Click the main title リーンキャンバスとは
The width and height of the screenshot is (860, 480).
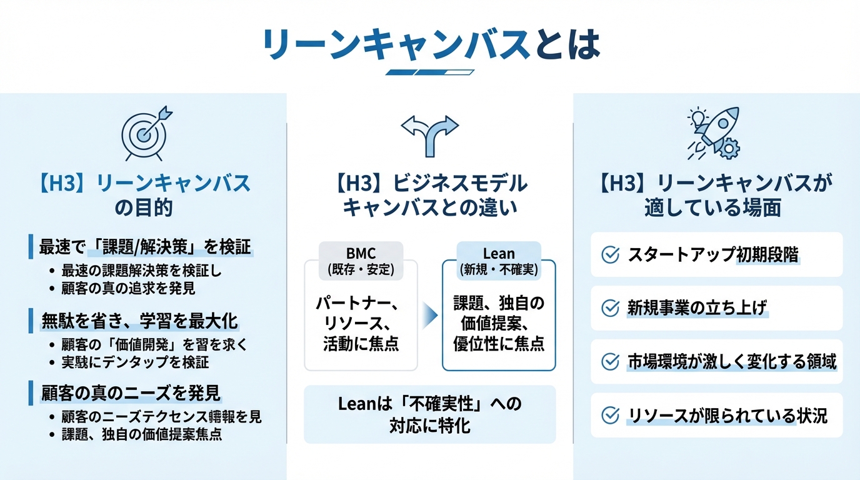[430, 44]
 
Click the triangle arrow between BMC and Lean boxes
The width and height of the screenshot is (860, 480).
[429, 315]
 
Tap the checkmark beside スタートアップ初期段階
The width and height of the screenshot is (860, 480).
[609, 254]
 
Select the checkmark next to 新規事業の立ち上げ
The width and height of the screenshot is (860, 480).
[609, 308]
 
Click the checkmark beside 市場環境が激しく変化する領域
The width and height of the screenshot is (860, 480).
[609, 362]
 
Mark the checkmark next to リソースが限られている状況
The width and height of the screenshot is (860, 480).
[609, 415]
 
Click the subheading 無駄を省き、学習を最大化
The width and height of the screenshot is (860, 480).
[139, 321]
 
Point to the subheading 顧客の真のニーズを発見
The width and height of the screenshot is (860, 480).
[131, 394]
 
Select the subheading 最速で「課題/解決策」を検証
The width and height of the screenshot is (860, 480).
[145, 247]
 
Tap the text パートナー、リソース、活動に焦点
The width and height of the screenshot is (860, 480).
[361, 323]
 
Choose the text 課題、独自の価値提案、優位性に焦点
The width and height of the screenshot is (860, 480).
[499, 323]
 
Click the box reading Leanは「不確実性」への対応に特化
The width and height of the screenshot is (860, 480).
[429, 414]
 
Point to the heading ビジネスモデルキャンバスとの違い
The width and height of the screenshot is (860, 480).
[429, 195]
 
